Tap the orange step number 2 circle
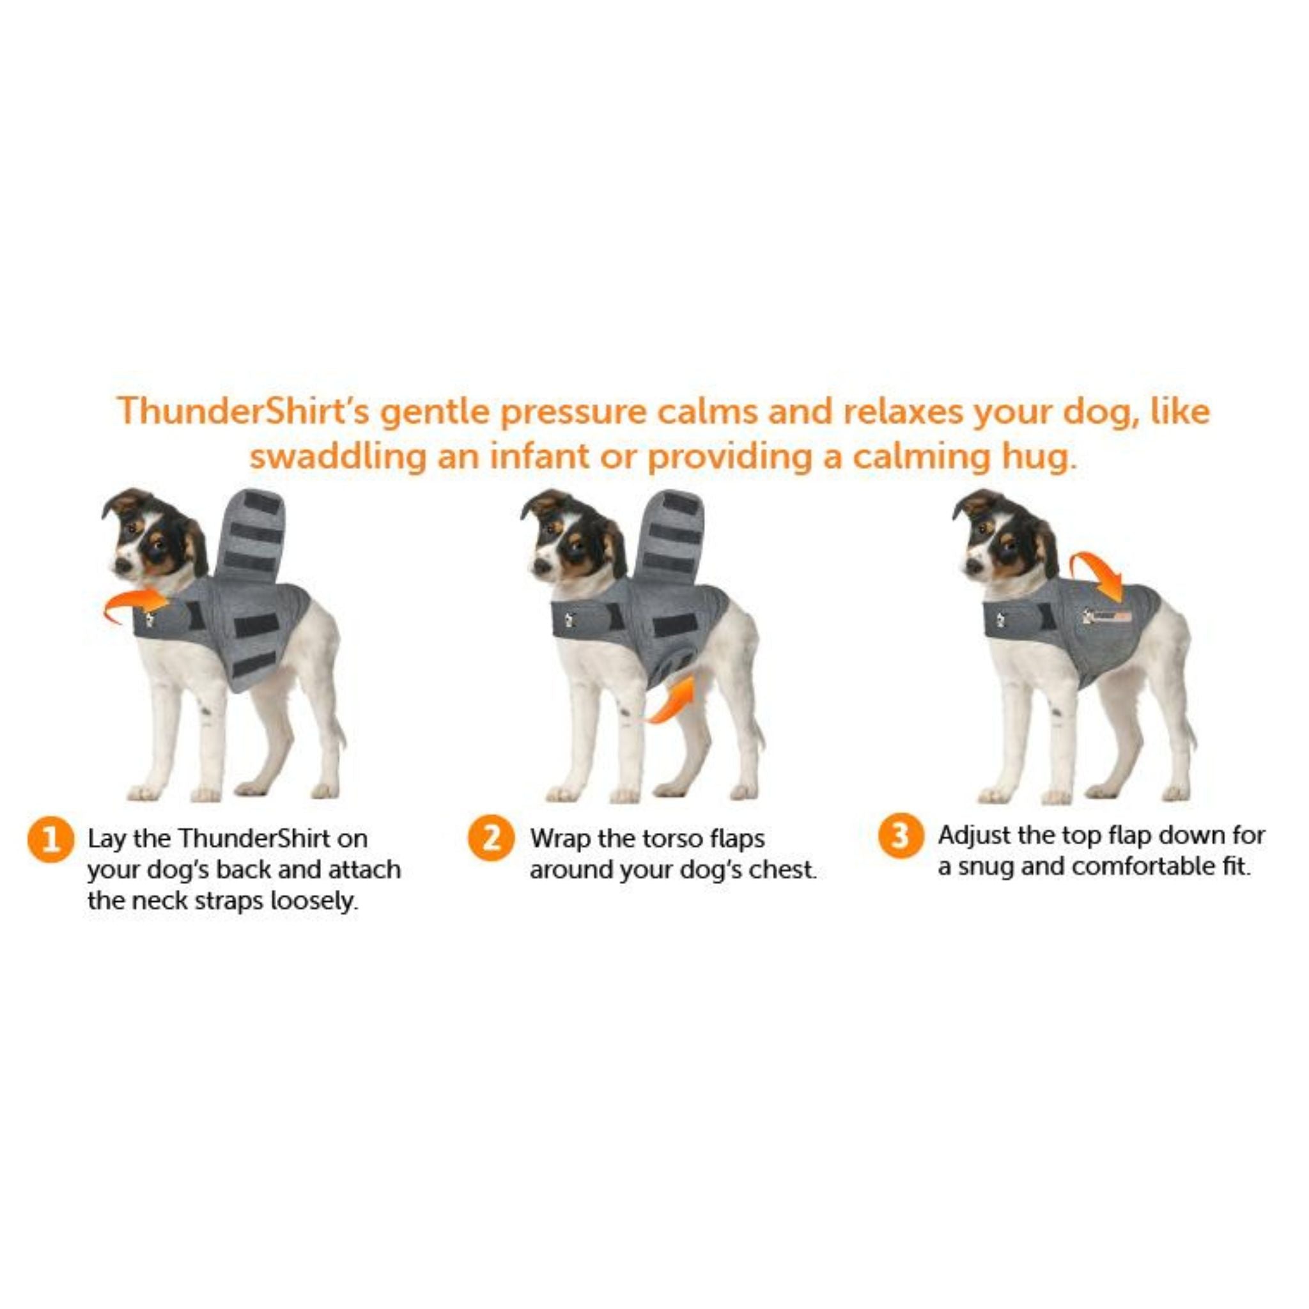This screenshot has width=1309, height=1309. point(490,838)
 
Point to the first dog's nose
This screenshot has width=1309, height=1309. point(122,563)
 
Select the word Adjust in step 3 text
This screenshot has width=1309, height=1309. point(970,836)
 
